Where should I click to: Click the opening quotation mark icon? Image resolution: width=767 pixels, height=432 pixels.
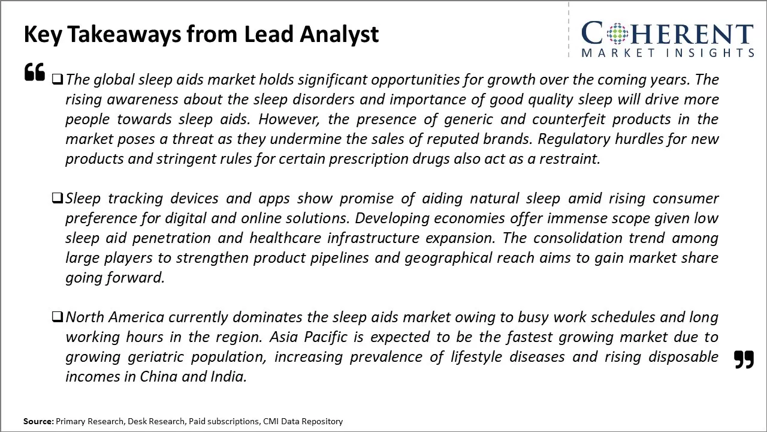tap(35, 71)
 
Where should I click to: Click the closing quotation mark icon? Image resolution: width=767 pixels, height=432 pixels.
tap(744, 359)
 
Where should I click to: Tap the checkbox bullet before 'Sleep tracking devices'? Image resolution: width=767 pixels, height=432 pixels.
tap(57, 198)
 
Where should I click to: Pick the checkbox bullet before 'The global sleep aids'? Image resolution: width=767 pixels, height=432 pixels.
tap(57, 79)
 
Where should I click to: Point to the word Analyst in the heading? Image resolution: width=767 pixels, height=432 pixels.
tap(339, 34)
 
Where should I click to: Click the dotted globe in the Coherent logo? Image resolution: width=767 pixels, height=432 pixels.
tap(617, 33)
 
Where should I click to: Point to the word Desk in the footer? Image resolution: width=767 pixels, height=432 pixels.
tap(137, 421)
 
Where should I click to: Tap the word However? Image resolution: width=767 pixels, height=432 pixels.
tap(289, 119)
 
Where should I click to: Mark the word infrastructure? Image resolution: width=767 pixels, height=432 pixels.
tap(373, 238)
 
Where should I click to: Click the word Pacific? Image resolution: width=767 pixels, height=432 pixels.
tap(325, 337)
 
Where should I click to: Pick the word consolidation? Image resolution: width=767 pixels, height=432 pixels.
tap(578, 238)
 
